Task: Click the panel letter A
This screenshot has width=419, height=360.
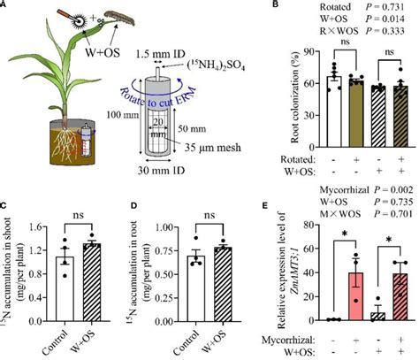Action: tap(7, 7)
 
